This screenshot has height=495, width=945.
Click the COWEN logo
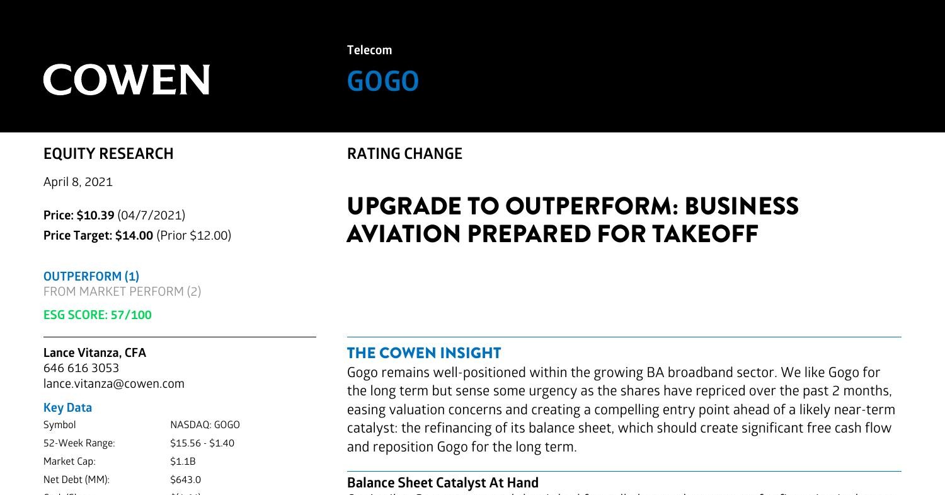(x=126, y=80)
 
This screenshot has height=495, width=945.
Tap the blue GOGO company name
(x=382, y=82)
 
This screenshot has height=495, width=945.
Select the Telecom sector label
(x=369, y=50)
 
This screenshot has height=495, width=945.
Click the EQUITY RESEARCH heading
(x=108, y=154)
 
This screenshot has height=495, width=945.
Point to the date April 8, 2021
(x=78, y=182)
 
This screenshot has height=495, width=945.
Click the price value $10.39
(x=95, y=216)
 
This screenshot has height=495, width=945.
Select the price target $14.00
(x=134, y=236)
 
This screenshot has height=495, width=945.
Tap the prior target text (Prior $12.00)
(x=193, y=236)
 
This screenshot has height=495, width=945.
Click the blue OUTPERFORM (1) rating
(x=91, y=276)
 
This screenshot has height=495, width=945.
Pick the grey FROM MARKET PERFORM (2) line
(x=122, y=291)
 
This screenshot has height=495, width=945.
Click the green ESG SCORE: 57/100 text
(x=98, y=315)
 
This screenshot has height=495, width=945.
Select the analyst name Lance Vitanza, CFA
(x=94, y=353)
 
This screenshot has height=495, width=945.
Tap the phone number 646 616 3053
(x=81, y=368)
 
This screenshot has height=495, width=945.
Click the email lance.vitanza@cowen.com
(x=114, y=384)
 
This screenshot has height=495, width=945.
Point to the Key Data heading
(x=67, y=408)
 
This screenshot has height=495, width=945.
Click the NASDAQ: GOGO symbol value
(x=205, y=425)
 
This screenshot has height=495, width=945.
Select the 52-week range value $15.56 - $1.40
(x=202, y=443)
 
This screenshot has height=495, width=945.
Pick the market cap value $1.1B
(x=183, y=462)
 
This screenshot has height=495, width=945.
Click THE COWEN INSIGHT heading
(x=424, y=353)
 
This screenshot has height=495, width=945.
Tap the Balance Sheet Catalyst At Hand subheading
(x=443, y=483)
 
